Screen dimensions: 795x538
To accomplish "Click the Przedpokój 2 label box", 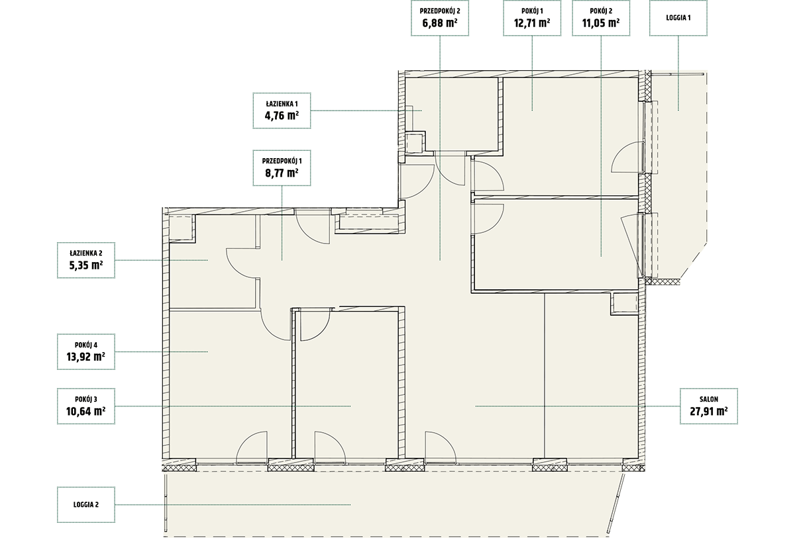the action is point(440,18).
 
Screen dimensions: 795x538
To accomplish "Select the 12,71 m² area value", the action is point(532,23).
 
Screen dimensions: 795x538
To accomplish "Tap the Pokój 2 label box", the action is point(601,18).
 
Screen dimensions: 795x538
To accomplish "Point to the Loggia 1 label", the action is point(678,18).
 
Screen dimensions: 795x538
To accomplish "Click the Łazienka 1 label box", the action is point(282,111).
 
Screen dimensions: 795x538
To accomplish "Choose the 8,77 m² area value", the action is point(282,173).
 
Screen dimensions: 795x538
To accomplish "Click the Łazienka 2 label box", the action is point(86,260).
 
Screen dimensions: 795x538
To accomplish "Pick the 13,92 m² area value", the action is point(86,357).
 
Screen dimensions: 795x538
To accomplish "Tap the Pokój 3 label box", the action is point(86,406).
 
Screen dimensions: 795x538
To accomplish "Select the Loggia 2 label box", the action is point(86,505).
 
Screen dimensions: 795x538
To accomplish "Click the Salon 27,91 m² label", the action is point(709,406).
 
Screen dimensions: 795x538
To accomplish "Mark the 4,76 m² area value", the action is point(282,116).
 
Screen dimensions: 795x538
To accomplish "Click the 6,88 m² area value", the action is point(440,23).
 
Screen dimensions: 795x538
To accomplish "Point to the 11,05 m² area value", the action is point(601,23).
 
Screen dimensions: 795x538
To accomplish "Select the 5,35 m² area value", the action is point(86,265).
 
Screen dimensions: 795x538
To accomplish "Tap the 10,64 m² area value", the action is point(86,412).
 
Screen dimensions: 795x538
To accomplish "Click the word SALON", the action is point(709,400).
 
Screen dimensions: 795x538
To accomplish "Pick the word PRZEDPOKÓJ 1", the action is point(282,161).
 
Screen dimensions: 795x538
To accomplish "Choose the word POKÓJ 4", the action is point(86,345).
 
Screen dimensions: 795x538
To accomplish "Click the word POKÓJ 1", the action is point(532,11).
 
